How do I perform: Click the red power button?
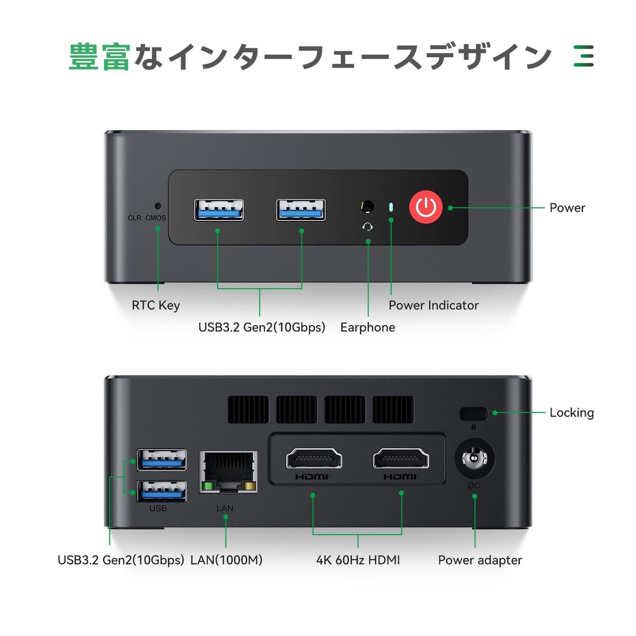coord(426,207)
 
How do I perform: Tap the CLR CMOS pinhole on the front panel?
coord(158,205)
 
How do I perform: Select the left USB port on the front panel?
coord(219,210)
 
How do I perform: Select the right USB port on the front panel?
coord(301,210)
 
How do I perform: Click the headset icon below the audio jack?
coord(368,227)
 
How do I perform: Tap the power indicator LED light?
coord(391,207)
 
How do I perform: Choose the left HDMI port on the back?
coord(314,459)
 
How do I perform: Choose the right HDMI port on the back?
coord(401,459)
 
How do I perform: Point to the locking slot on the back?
coord(474,413)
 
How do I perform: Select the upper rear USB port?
coord(161,460)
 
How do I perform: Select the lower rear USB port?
coord(161,491)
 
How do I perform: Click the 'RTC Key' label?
coord(156,305)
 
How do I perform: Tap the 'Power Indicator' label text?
coord(433,305)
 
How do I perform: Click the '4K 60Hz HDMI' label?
coord(358,560)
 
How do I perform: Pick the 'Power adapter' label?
coord(480,560)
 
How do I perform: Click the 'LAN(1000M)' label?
coord(226,560)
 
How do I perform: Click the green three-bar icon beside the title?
coord(583,56)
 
